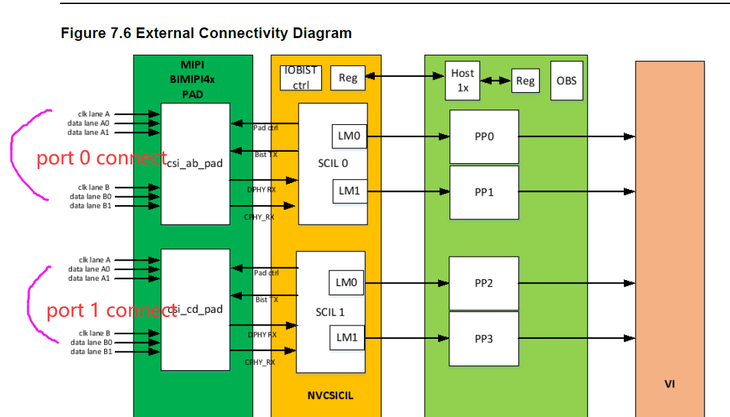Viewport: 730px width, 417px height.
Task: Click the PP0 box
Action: click(x=484, y=136)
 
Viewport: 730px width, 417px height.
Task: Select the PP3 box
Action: click(x=484, y=339)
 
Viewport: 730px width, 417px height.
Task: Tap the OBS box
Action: click(x=566, y=80)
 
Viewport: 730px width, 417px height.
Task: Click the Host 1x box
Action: click(x=462, y=80)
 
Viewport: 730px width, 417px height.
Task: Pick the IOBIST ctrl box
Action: click(x=301, y=78)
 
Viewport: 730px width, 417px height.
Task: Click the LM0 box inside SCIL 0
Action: click(x=349, y=136)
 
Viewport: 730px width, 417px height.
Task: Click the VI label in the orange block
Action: click(x=669, y=384)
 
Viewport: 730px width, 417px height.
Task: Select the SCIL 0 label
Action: click(x=333, y=163)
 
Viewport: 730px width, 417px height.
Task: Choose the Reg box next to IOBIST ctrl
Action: click(x=348, y=78)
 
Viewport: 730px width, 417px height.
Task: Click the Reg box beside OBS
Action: click(x=525, y=81)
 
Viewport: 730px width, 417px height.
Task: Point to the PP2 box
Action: click(x=484, y=283)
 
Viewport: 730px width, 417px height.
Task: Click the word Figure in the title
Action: click(x=81, y=33)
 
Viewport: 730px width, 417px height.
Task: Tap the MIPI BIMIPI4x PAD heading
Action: click(x=193, y=80)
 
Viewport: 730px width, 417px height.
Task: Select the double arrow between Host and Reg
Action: click(x=496, y=80)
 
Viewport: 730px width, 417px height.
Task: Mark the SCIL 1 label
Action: click(x=330, y=312)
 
